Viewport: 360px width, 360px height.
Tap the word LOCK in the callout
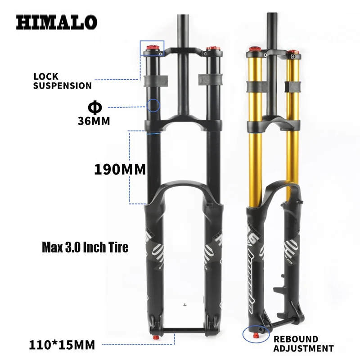tap(43, 77)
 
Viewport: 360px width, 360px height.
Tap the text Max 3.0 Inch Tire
tap(85, 247)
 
